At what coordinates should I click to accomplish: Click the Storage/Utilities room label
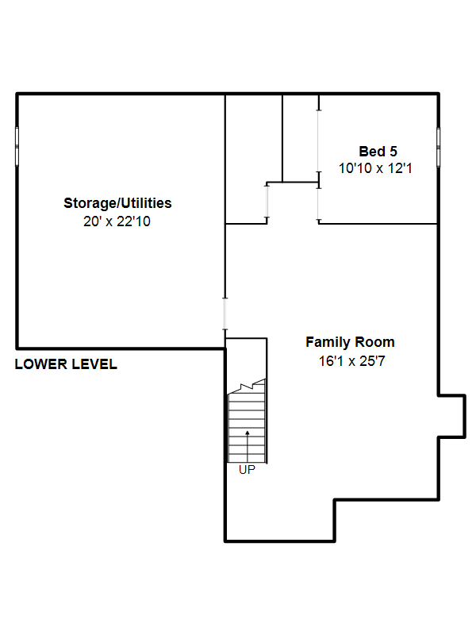pyautogui.click(x=117, y=203)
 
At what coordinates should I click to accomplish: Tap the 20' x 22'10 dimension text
pyautogui.click(x=117, y=221)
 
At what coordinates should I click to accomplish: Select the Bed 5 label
pyautogui.click(x=378, y=152)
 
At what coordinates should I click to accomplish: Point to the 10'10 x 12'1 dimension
pyautogui.click(x=375, y=168)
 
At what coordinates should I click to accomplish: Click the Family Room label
pyautogui.click(x=350, y=342)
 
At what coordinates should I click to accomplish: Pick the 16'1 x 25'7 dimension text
pyautogui.click(x=351, y=361)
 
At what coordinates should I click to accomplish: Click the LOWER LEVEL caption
pyautogui.click(x=66, y=364)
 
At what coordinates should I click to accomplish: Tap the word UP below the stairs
pyautogui.click(x=247, y=470)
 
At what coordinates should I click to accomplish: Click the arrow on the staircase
pyautogui.click(x=248, y=446)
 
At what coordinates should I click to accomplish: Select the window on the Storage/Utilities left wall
pyautogui.click(x=17, y=146)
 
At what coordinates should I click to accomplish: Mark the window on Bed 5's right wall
pyautogui.click(x=439, y=147)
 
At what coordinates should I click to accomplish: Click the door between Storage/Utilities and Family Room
pyautogui.click(x=225, y=314)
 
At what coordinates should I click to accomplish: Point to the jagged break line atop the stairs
pyautogui.click(x=247, y=387)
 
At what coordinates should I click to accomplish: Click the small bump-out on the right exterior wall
pyautogui.click(x=452, y=416)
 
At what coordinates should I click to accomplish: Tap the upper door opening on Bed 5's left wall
pyautogui.click(x=319, y=140)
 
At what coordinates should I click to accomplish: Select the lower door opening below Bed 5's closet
pyautogui.click(x=319, y=205)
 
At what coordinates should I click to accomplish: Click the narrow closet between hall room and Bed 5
pyautogui.click(x=301, y=138)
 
